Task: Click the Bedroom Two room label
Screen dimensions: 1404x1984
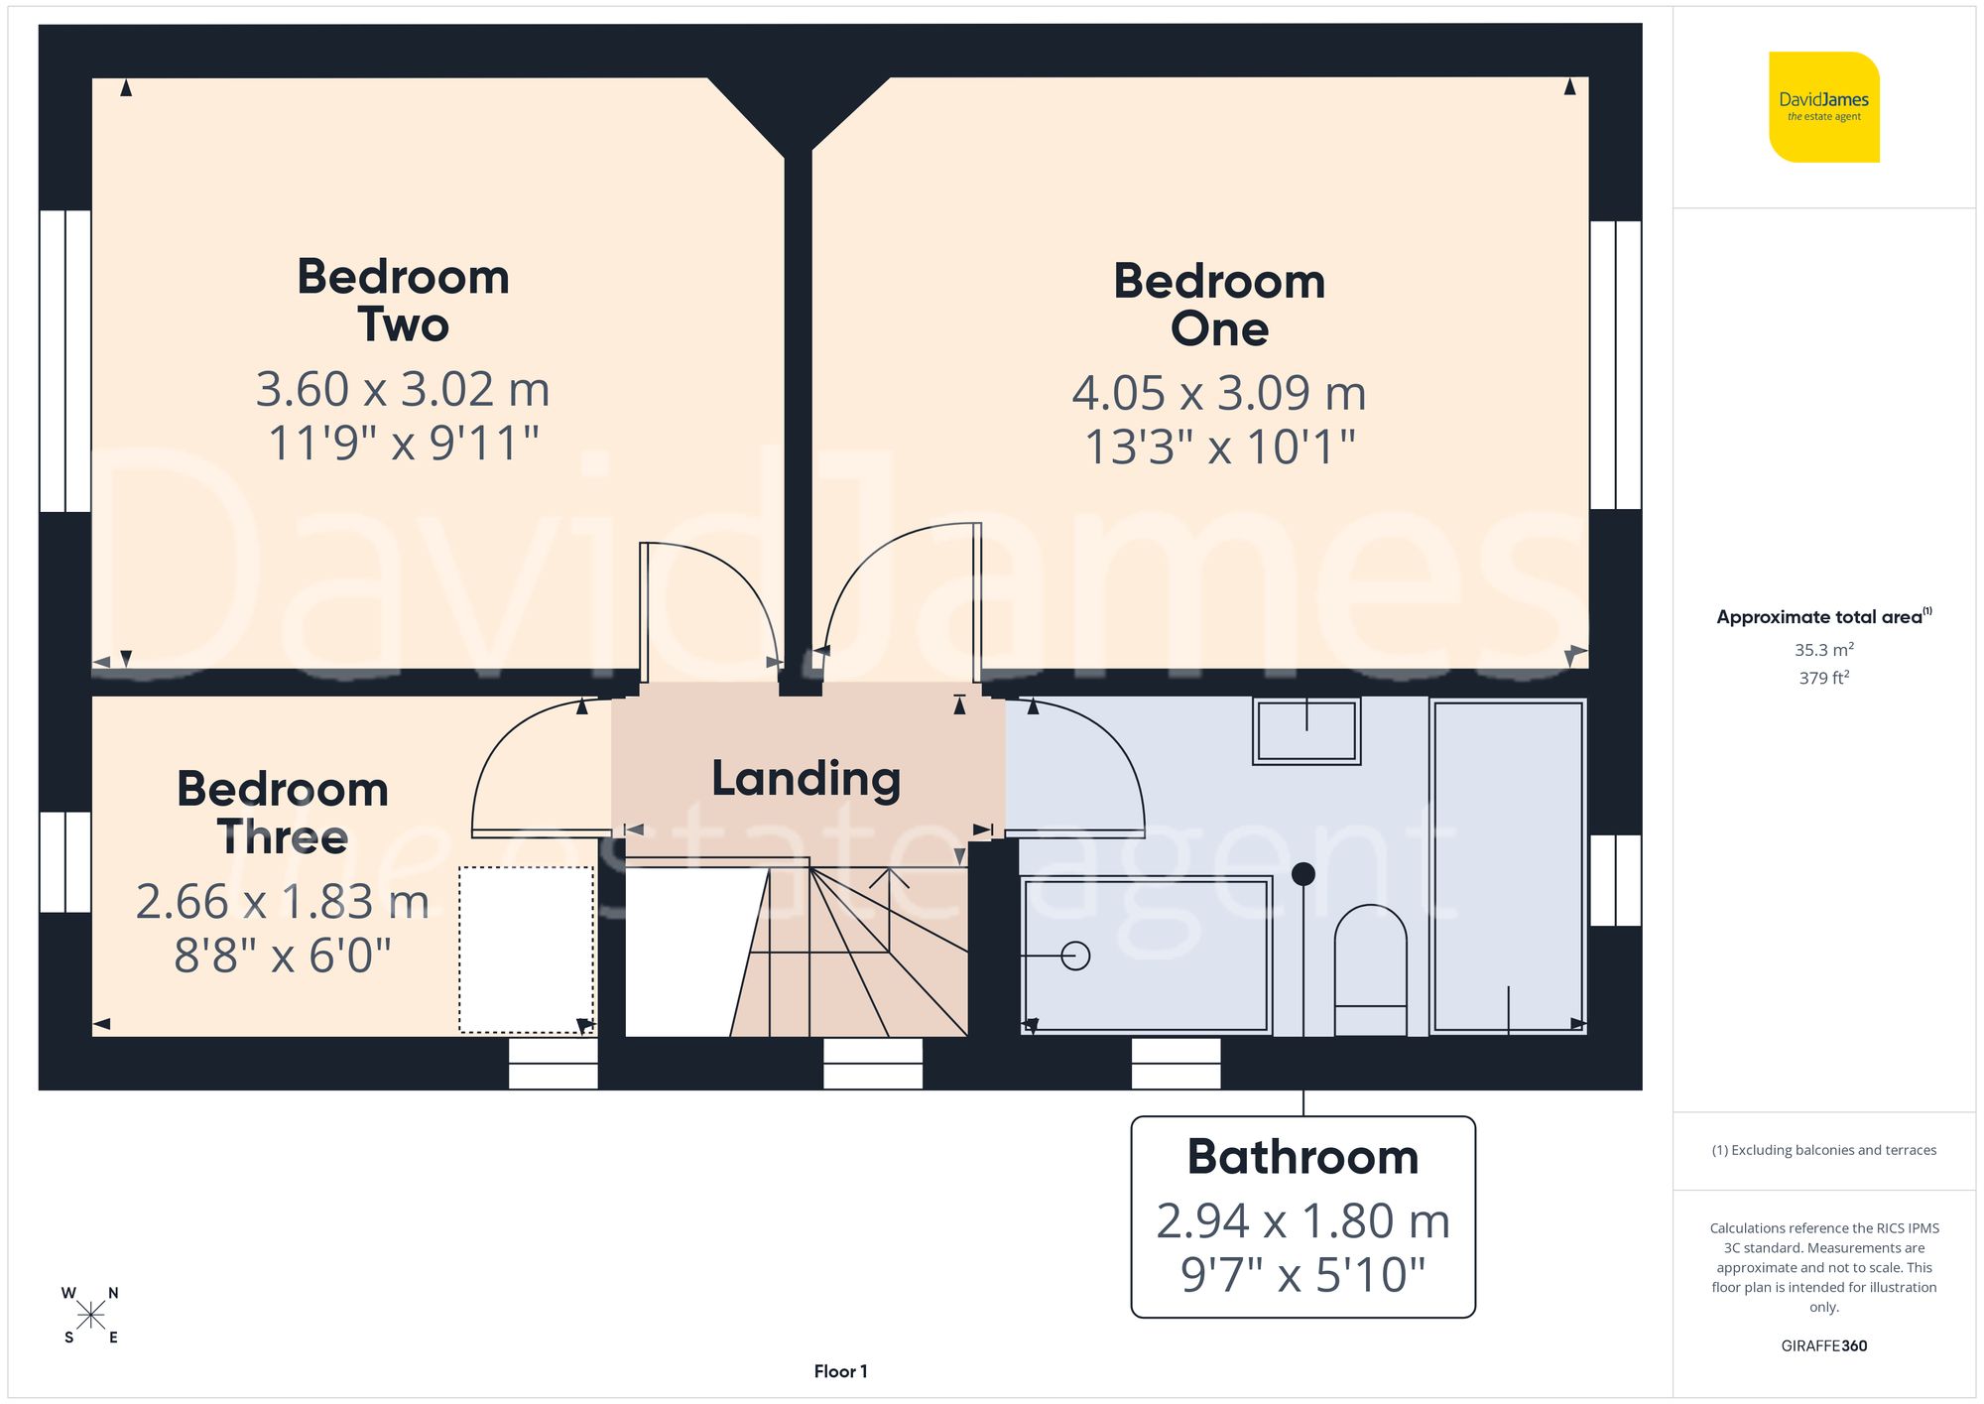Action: point(403,300)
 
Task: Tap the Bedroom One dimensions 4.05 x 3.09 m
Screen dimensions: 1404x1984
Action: point(1219,393)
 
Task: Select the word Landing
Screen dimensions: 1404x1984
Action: point(806,779)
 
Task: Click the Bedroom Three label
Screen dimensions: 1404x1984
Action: point(283,813)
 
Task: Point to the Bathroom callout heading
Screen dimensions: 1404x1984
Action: point(1302,1157)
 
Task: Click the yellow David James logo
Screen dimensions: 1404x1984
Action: point(1823,107)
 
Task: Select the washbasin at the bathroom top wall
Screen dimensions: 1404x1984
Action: point(1305,731)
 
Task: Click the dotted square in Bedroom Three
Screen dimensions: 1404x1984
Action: point(526,950)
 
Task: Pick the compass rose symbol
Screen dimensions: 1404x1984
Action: point(90,1316)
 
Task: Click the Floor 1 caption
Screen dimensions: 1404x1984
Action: point(840,1371)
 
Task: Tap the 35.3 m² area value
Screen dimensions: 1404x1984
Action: point(1823,650)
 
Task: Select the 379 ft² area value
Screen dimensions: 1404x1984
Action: point(1823,678)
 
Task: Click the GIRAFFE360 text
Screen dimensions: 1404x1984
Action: point(1823,1345)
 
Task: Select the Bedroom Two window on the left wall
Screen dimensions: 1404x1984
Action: point(65,360)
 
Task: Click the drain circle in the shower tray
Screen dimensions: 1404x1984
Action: point(1075,956)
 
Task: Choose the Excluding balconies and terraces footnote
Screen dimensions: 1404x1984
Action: point(1823,1150)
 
